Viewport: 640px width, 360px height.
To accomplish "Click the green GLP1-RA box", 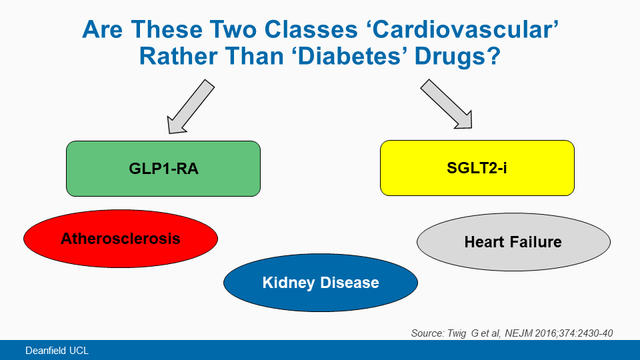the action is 163,169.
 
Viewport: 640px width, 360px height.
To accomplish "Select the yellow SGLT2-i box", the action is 477,168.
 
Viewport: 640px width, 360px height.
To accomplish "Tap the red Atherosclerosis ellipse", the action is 121,239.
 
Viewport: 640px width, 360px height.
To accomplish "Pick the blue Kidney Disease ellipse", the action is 321,283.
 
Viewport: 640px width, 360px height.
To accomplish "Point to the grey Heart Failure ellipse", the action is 513,241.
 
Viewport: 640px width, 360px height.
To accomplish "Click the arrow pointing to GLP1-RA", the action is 190,107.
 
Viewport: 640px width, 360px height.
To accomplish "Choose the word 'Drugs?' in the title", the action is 457,56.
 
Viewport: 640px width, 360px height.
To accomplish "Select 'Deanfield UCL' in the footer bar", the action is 57,351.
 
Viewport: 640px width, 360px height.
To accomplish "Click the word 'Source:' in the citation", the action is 427,333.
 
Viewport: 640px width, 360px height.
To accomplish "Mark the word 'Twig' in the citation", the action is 457,333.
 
